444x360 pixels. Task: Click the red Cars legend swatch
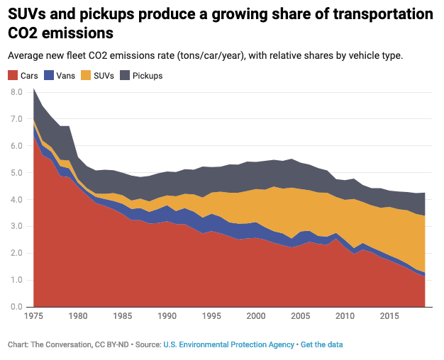click(x=12, y=75)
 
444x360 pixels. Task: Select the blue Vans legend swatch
click(x=49, y=75)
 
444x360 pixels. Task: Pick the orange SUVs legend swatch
click(x=86, y=75)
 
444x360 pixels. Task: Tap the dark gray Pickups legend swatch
click(x=125, y=75)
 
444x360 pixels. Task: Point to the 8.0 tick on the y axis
click(x=16, y=92)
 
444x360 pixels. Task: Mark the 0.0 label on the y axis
click(x=16, y=307)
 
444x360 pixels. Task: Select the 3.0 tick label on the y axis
click(x=16, y=227)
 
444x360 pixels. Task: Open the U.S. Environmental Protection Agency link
click(x=228, y=344)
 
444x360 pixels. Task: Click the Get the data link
click(x=321, y=344)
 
